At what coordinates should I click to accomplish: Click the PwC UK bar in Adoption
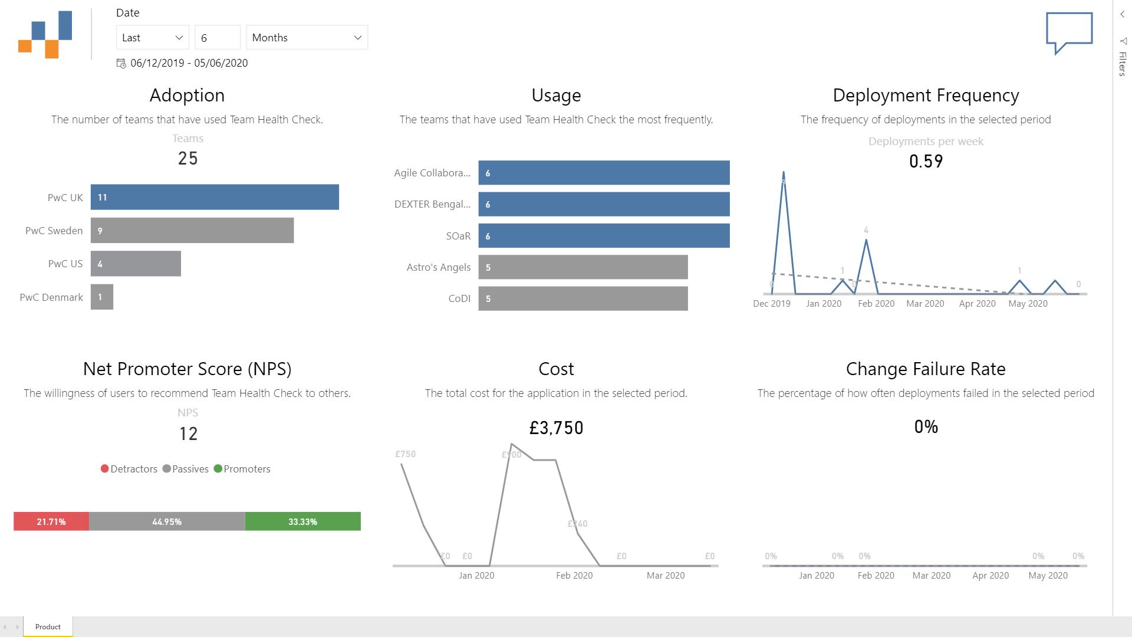215,197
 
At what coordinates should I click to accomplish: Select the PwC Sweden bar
192,231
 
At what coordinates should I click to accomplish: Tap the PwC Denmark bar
101,297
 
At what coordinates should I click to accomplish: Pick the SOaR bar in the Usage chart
604,236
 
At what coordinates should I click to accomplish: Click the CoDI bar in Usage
583,298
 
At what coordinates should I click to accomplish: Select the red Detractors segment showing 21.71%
51,521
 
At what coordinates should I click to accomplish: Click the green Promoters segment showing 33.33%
302,521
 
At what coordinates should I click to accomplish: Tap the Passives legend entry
186,469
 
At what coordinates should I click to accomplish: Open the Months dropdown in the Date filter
307,37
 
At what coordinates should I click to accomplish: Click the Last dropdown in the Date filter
152,37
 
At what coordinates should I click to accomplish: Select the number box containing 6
217,37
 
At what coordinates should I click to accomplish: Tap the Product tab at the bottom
48,626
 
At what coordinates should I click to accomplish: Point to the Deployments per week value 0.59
926,161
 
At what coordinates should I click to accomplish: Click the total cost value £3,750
556,428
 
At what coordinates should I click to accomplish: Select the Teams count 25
187,158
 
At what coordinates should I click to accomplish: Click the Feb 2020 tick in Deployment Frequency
876,304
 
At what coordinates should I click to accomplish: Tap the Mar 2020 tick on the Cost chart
666,576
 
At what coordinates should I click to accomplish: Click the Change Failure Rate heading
926,369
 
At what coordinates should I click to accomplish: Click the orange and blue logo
45,35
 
